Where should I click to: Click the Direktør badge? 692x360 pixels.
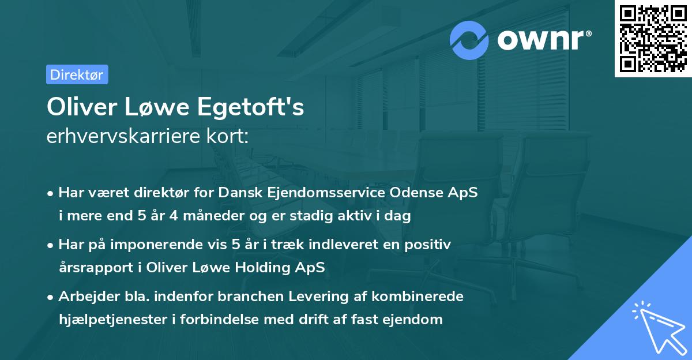(77, 74)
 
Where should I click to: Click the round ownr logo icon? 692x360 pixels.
(469, 40)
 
